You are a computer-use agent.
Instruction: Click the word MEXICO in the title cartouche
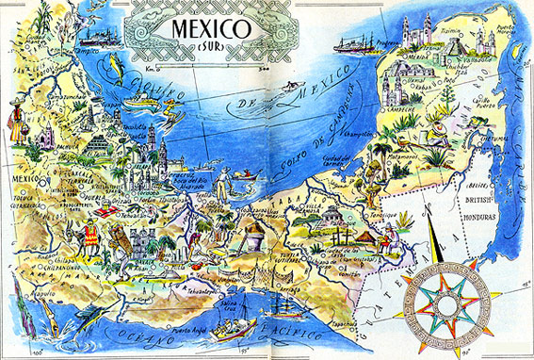point(210,28)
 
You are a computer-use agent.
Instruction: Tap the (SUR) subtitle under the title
point(210,49)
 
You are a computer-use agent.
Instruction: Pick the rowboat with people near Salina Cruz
point(232,329)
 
